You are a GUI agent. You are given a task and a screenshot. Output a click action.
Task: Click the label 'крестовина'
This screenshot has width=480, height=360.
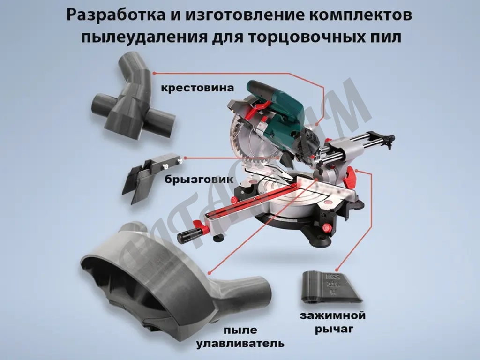tap(197, 88)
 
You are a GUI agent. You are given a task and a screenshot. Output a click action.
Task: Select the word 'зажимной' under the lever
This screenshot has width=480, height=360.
tap(333, 315)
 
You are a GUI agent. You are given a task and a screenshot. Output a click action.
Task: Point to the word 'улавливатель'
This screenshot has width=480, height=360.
tap(240, 343)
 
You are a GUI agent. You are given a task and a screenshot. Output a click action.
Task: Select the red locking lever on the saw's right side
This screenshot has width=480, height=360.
tap(352, 175)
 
